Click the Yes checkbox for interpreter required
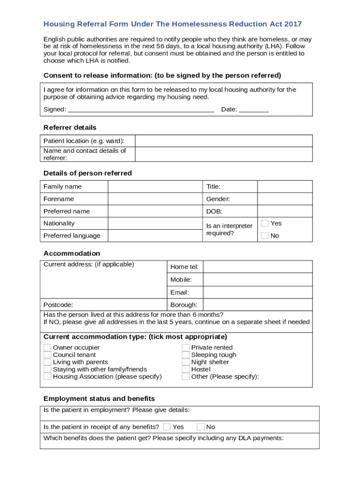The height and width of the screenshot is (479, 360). tap(265, 224)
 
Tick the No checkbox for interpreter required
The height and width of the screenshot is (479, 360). tap(265, 236)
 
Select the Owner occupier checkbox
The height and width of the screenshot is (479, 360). tap(47, 348)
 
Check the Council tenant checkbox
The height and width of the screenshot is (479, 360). tap(47, 355)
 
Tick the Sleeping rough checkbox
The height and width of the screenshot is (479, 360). tap(186, 355)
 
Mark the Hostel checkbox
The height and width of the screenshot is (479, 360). tap(186, 370)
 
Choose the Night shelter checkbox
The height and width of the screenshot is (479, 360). tap(186, 362)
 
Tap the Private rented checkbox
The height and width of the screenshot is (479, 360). tap(186, 348)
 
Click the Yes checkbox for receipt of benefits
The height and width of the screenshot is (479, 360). tap(167, 427)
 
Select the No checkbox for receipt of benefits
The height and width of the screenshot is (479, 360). tap(201, 427)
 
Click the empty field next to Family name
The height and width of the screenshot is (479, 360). tap(155, 187)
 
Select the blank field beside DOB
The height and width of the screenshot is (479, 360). tap(285, 211)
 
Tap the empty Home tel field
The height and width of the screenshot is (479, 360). tap(258, 267)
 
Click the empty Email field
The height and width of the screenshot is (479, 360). tap(258, 292)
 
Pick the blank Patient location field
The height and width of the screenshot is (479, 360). tap(223, 141)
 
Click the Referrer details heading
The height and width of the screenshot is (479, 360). tap(70, 128)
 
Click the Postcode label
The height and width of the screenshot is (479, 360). tap(58, 305)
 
